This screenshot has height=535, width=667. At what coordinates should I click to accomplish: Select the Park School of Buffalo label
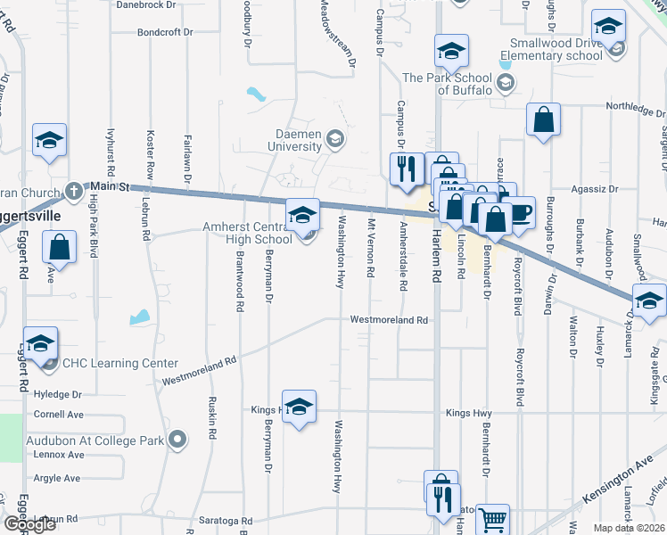coord(447,85)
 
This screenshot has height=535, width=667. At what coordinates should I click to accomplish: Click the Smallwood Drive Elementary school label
coord(556,49)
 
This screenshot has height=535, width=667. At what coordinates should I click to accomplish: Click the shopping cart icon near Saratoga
coord(493,518)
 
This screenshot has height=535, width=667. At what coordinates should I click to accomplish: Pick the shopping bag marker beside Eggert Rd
coord(59,249)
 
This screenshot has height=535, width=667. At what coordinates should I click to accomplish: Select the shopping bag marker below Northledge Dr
coord(543,120)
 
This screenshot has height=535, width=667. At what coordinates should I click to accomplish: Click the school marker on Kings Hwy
coord(300,407)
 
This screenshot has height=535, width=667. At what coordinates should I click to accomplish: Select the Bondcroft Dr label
coord(164,32)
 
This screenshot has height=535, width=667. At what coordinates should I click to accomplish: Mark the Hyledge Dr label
coord(57,394)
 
